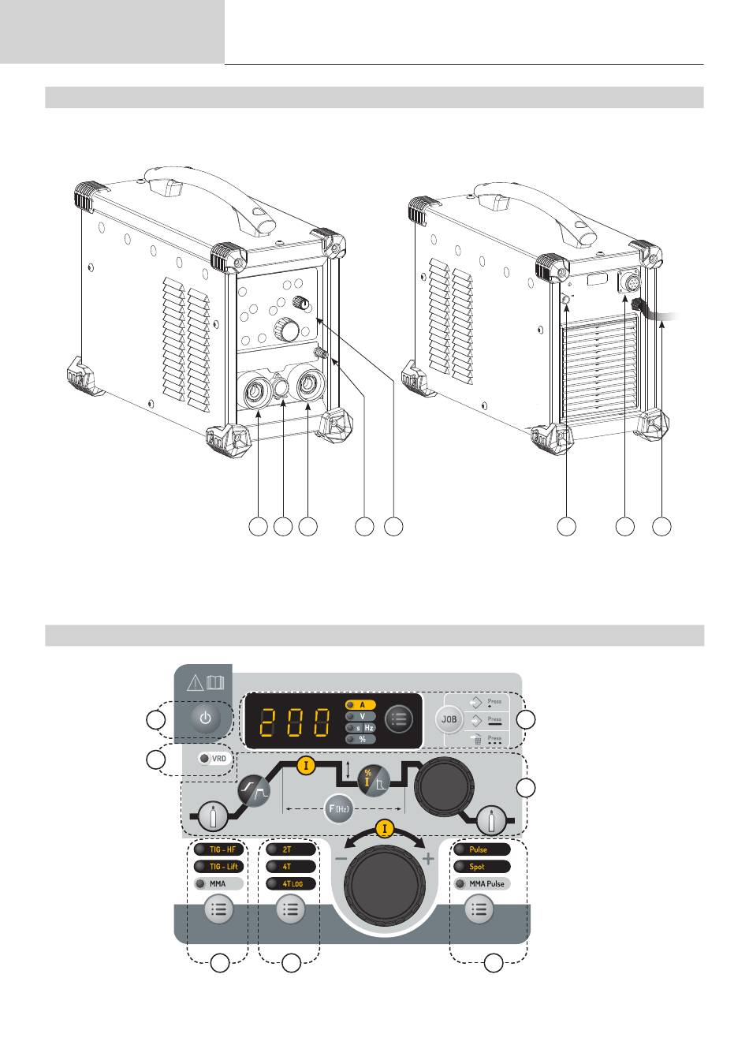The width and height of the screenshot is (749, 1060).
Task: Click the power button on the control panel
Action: tap(205, 718)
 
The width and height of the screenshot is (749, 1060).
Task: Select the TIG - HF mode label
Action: tap(221, 849)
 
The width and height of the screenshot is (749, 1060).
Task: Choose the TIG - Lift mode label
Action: tap(221, 867)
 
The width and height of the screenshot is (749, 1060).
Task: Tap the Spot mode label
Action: tap(478, 867)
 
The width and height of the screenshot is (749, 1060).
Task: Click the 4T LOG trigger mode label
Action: tap(293, 884)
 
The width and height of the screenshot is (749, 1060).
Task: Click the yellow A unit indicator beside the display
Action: tap(362, 704)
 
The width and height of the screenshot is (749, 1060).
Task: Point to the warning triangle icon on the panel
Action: tap(192, 683)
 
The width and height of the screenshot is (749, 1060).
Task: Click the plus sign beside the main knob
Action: tap(428, 859)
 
